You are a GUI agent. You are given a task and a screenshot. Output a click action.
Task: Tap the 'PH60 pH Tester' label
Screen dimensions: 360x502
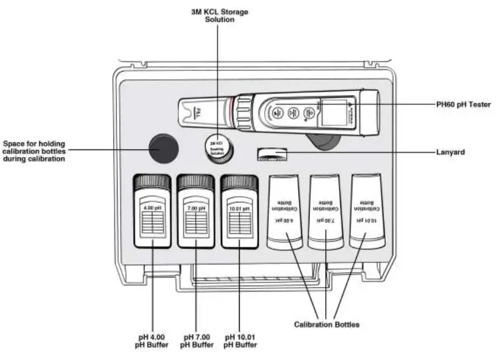click(x=463, y=104)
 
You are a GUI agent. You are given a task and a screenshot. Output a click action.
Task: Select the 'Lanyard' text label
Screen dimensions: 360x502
click(x=451, y=152)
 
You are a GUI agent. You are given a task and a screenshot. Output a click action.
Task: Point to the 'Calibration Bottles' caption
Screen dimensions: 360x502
click(x=326, y=324)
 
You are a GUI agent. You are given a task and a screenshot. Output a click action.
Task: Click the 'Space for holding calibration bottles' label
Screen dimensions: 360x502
click(x=34, y=151)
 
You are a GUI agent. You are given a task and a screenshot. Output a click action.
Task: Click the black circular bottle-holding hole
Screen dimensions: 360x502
click(x=163, y=148)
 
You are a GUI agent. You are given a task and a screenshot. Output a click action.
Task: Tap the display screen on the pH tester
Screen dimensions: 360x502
click(x=332, y=113)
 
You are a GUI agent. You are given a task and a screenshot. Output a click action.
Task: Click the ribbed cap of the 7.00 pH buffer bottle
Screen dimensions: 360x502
click(x=195, y=181)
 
